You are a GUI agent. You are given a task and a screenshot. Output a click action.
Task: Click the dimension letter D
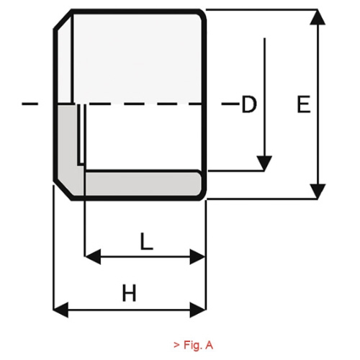coord(249,104)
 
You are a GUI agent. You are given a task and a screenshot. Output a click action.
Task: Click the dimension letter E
coord(304,104)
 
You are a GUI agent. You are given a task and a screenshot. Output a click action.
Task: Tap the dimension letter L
coord(146,241)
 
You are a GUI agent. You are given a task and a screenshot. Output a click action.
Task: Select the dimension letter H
coord(130,292)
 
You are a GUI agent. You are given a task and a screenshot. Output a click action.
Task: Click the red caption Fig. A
coord(193,345)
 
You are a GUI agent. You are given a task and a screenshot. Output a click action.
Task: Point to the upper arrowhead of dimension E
coord(318,17)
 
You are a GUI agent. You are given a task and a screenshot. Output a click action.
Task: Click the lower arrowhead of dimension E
coord(318,192)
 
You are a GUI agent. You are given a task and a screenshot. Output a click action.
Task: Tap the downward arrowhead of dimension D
coord(264,163)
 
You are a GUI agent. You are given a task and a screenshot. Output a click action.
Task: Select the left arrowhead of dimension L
coord(93,257)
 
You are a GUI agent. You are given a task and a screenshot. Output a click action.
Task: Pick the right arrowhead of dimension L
coord(197,257)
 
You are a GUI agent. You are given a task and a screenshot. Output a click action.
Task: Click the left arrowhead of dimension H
coord(60,310)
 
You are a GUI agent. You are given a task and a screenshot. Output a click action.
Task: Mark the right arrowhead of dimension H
coord(198,310)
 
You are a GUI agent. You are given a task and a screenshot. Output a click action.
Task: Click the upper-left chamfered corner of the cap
coord(63,19)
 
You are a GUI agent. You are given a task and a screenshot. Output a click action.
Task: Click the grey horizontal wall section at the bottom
coord(143,184)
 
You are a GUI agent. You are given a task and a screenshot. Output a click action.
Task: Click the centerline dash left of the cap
coord(30,104)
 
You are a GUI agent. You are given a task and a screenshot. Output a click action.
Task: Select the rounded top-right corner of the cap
coord(202,14)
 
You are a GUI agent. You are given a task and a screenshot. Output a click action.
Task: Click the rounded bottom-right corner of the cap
coord(202,195)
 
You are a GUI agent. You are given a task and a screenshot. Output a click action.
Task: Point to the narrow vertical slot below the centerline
coord(81,135)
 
